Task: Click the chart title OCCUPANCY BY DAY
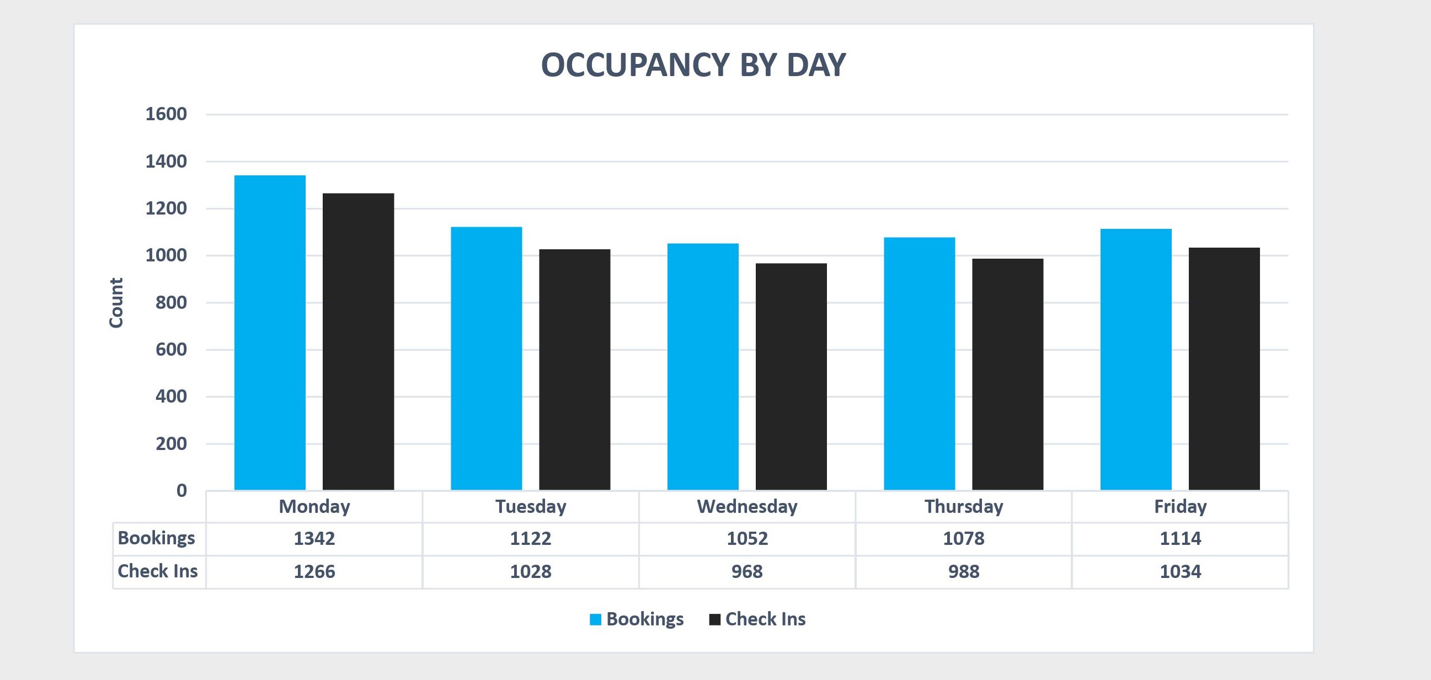[693, 65]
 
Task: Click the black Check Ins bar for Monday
[359, 341]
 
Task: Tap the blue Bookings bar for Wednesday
[703, 367]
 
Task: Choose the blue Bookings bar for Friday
[1135, 359]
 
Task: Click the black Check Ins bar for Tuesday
[574, 370]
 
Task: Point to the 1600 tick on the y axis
[165, 114]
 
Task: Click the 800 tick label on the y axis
[171, 303]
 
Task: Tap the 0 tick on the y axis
[181, 490]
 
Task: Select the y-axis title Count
[115, 303]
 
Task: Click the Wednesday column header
[746, 507]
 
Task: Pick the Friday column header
[1180, 507]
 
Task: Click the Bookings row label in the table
[156, 538]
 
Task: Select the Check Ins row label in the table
[157, 571]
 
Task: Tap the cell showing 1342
[314, 538]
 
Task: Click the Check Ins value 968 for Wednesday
[746, 572]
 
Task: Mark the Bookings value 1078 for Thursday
[963, 538]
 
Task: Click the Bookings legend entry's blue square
[595, 619]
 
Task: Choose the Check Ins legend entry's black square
[714, 619]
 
